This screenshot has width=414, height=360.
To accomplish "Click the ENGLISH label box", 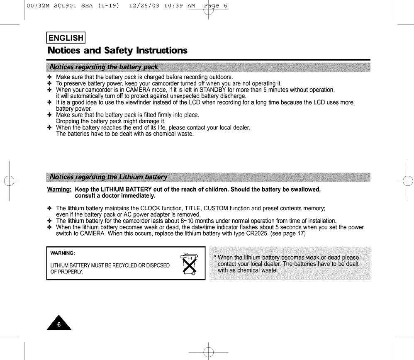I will (x=66, y=38).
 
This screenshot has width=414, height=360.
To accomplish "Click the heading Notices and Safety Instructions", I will (x=117, y=51).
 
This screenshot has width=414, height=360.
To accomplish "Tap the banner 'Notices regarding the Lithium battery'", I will (x=108, y=178).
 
